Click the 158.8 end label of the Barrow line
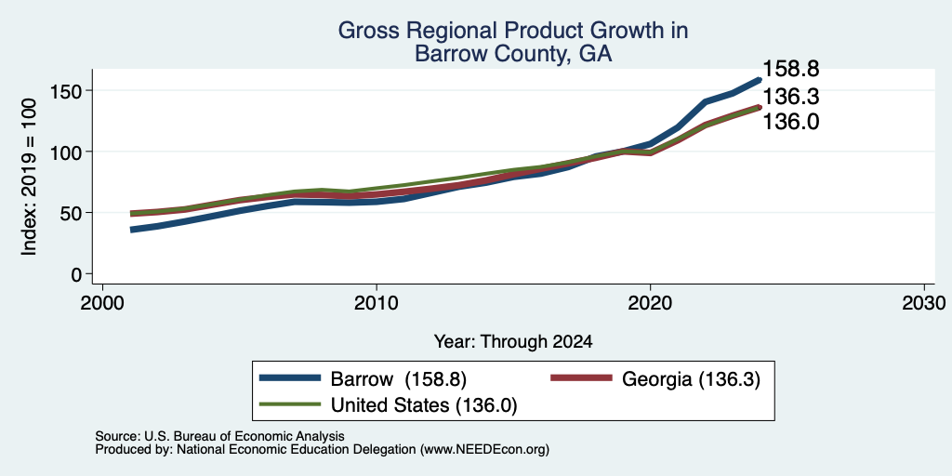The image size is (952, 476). [x=790, y=69]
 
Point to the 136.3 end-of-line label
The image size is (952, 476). [x=790, y=97]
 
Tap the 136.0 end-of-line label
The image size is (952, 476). [x=790, y=122]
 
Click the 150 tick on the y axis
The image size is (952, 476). [x=67, y=90]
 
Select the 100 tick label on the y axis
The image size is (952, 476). [x=67, y=152]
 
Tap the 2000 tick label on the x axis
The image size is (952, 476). [x=102, y=302]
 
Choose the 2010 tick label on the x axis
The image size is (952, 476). [x=377, y=302]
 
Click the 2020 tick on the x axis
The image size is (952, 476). [x=650, y=302]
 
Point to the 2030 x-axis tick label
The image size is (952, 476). [x=924, y=302]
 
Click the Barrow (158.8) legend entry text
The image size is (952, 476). [x=398, y=379]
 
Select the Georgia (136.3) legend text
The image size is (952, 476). [x=691, y=379]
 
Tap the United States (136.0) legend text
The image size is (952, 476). [x=424, y=405]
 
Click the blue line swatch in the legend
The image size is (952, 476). [x=290, y=377]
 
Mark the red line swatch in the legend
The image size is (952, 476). [x=581, y=377]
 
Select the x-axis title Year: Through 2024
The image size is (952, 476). [x=513, y=342]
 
